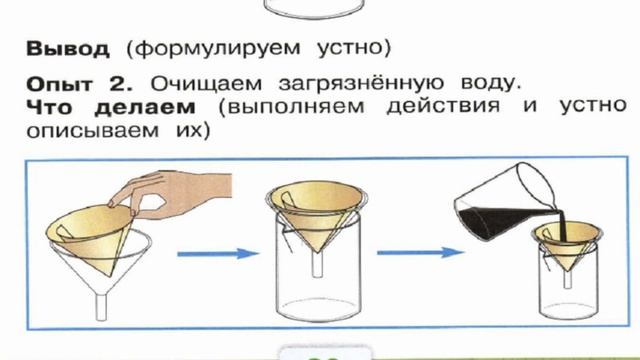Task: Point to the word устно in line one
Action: [x=357, y=48]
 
